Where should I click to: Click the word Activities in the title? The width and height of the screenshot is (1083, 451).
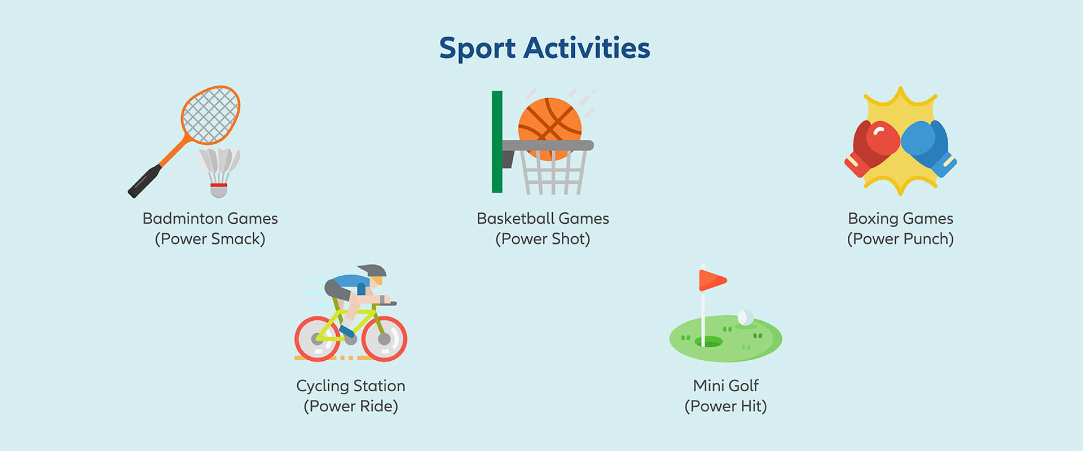(587, 48)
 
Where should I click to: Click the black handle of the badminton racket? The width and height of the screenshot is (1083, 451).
(145, 181)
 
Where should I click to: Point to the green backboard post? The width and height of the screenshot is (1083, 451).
(497, 142)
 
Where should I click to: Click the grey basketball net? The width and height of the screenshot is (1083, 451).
(553, 173)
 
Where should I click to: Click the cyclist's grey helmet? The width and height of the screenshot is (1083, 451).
(372, 271)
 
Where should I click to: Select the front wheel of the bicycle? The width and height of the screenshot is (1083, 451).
(384, 339)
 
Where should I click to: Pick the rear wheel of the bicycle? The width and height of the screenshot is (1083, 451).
(318, 339)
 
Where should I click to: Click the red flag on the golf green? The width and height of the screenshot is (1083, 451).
(712, 280)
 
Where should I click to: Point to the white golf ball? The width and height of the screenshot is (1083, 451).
(745, 317)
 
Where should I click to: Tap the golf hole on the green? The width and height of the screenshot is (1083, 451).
(709, 342)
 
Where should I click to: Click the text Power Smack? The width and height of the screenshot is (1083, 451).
(210, 239)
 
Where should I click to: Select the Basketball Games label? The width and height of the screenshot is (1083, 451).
(543, 218)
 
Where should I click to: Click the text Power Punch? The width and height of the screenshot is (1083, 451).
(900, 239)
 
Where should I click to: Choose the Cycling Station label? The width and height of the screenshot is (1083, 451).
(351, 387)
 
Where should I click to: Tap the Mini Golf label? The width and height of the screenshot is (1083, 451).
(726, 386)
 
